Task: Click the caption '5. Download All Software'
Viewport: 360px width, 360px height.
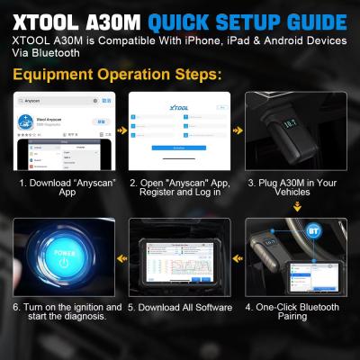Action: click(179, 307)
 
